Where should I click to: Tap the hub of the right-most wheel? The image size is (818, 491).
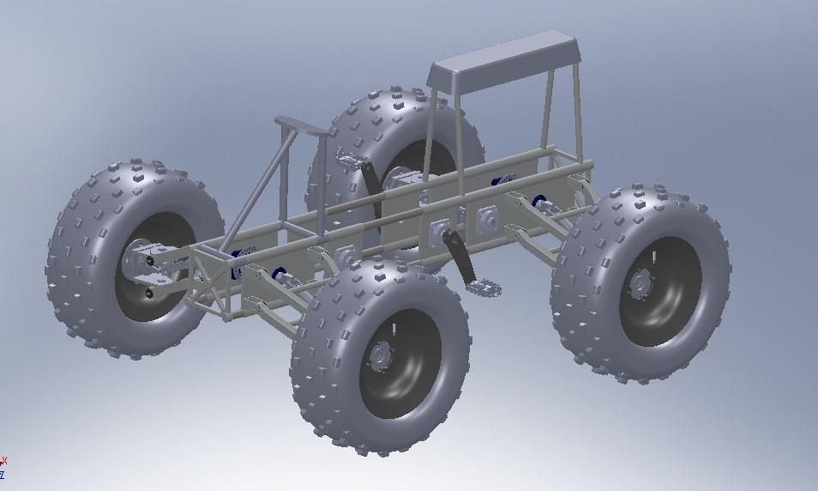pyautogui.click(x=640, y=282)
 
